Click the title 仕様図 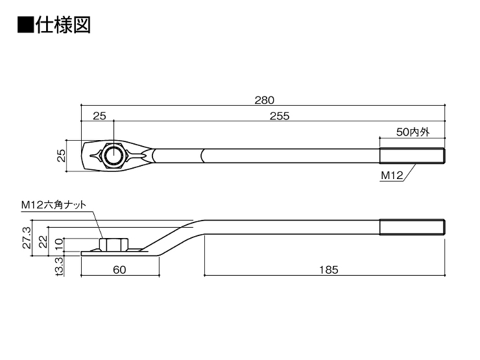64,25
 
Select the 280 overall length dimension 265,100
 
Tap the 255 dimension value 280,116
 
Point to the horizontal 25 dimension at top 99,116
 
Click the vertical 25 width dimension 62,156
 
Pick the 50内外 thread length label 413,132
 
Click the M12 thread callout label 392,175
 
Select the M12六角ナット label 54,205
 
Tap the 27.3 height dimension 27,237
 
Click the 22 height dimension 43,241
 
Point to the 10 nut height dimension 59,244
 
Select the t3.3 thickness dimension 59,267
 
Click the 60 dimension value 119,270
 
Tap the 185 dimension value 329,270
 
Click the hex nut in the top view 114,156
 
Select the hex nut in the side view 114,245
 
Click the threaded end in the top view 413,156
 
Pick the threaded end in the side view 413,227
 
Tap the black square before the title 25,25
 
